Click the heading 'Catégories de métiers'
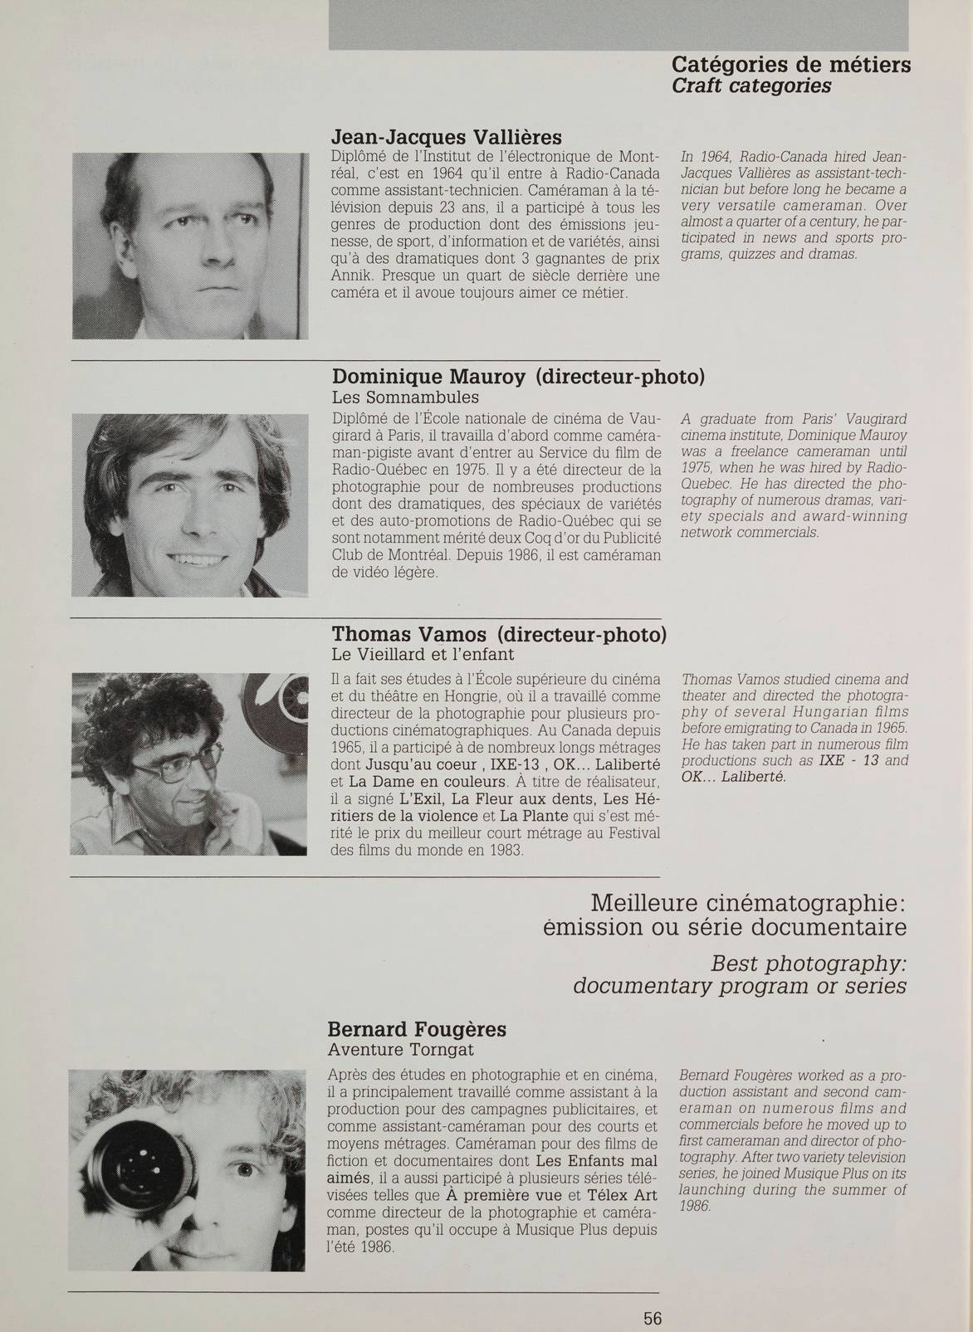pos(790,65)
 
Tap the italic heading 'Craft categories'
pos(751,86)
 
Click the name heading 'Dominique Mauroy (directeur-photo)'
pos(518,377)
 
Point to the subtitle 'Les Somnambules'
pos(405,397)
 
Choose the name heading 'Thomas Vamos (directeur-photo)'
pos(498,635)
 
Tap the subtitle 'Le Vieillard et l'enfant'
pos(423,654)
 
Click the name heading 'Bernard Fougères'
pos(418,1030)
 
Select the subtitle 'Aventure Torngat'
pos(401,1050)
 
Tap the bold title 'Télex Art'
pos(622,1196)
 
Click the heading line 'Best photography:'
pos(808,964)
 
